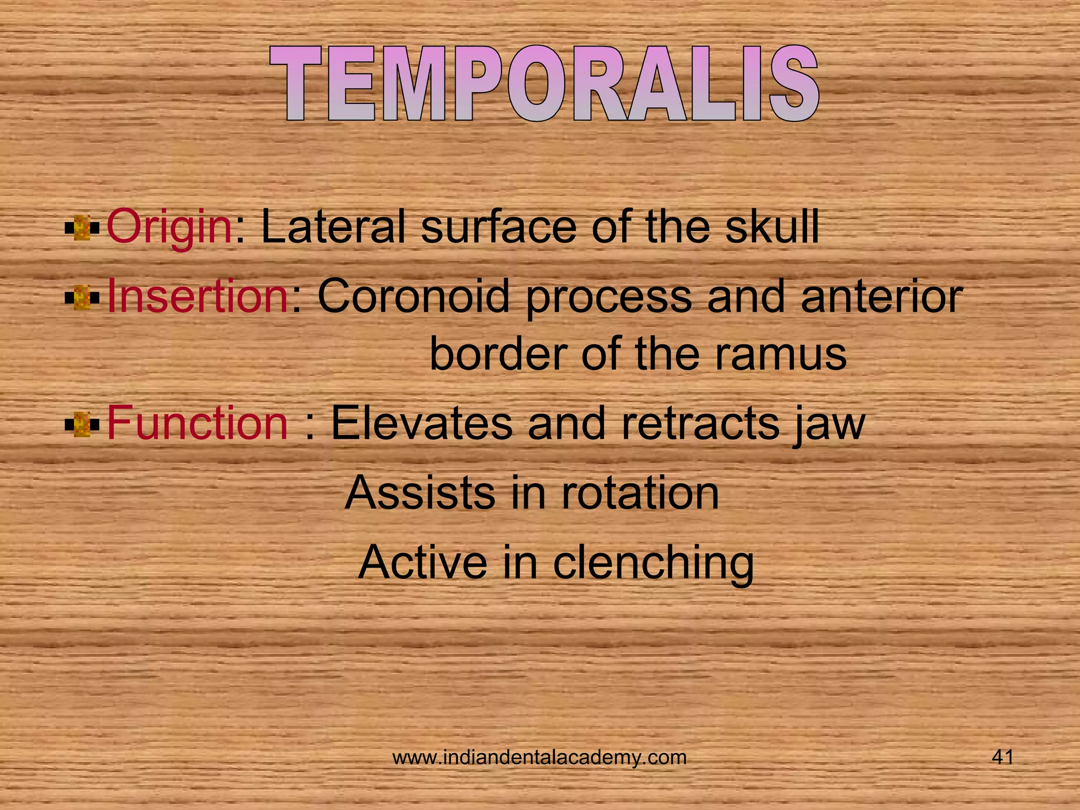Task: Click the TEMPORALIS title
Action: (544, 84)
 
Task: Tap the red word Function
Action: (197, 423)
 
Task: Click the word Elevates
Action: (421, 423)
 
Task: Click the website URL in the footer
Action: (539, 757)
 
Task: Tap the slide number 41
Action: (1002, 757)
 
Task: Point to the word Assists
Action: (420, 493)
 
